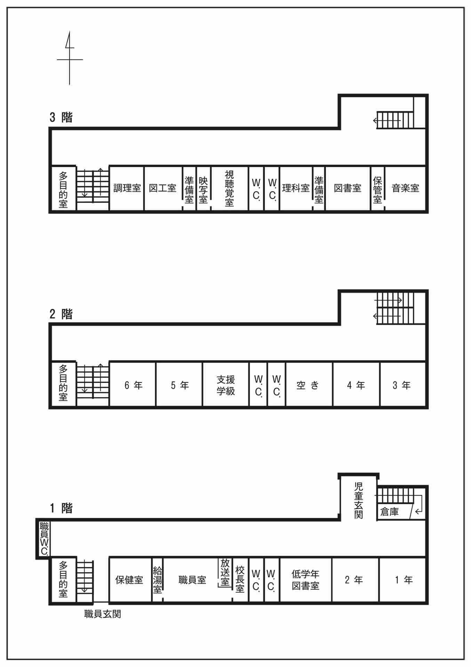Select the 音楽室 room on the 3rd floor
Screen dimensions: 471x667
(x=405, y=188)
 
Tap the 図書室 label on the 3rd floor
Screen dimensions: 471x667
(x=348, y=188)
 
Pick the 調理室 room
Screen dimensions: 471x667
(x=127, y=188)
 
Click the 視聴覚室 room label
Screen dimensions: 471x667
(x=229, y=188)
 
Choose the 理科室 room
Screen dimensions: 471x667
(x=296, y=188)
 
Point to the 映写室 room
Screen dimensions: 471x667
(x=203, y=190)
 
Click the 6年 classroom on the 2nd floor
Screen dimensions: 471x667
(x=133, y=385)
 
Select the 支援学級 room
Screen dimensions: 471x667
(x=226, y=385)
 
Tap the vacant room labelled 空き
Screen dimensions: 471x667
(x=308, y=385)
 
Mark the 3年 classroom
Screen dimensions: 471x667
(x=401, y=385)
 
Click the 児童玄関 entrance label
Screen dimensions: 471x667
(x=358, y=500)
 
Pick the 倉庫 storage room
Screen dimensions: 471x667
(x=390, y=512)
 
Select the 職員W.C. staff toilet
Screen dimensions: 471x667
(x=44, y=538)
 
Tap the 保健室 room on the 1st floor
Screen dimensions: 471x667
(x=129, y=580)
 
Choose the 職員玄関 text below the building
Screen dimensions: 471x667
(x=103, y=614)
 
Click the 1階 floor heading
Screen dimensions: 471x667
(x=61, y=508)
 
